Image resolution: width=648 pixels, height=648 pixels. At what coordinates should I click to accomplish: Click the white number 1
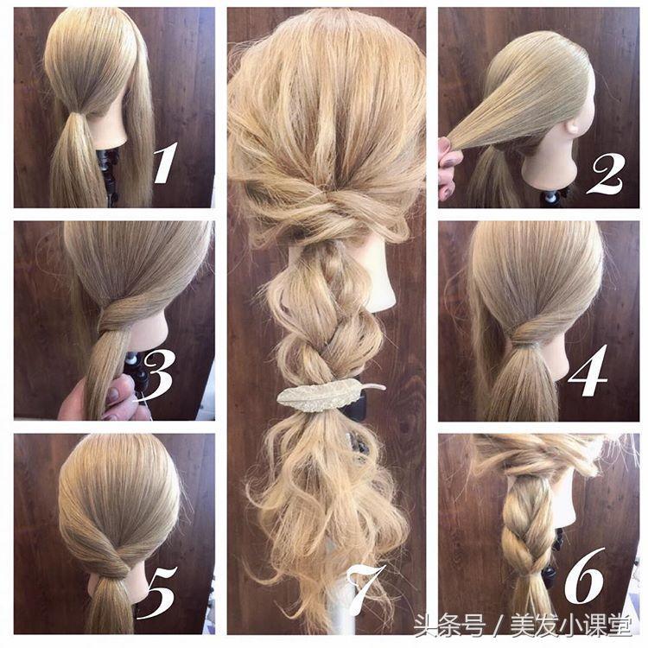(x=166, y=162)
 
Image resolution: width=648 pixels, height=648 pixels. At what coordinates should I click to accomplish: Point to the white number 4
(x=588, y=371)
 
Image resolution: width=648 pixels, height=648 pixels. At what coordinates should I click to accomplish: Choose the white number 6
(x=585, y=575)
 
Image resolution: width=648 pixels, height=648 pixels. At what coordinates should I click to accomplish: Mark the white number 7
(x=366, y=591)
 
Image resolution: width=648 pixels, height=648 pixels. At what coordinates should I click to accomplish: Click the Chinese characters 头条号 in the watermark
(x=449, y=626)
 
